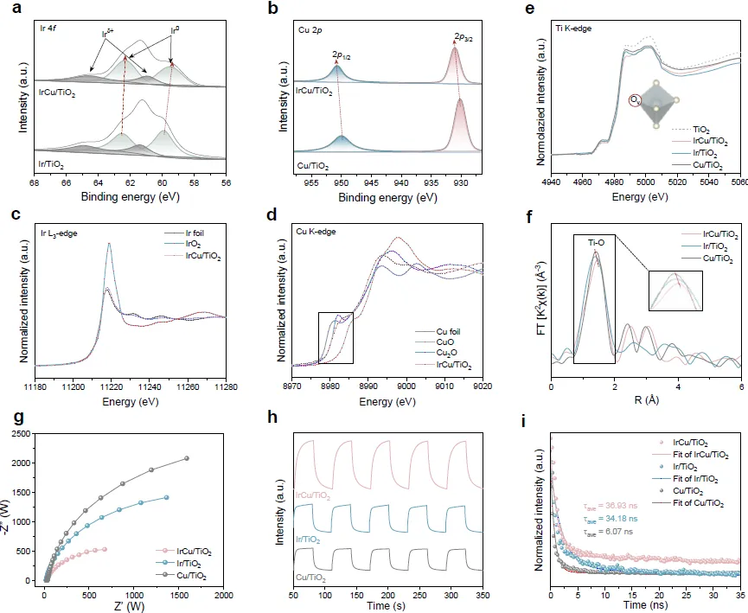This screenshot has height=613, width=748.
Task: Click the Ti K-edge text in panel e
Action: click(x=577, y=29)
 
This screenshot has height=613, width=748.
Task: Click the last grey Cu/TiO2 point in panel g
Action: click(x=186, y=458)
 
